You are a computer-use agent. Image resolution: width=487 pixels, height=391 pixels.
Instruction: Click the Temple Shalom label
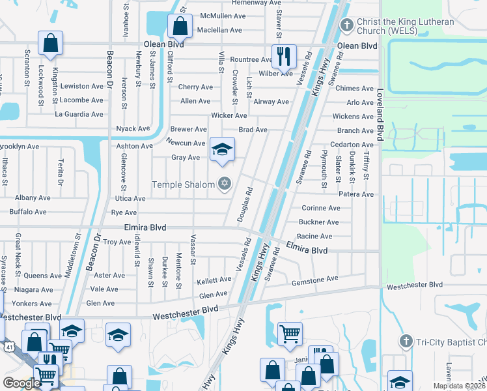(183, 184)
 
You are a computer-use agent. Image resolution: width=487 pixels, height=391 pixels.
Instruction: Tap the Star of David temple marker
(225, 184)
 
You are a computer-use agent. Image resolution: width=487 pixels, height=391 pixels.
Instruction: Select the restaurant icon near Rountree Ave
(283, 56)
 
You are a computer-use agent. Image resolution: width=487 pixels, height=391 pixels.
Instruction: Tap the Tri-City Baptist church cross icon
(406, 341)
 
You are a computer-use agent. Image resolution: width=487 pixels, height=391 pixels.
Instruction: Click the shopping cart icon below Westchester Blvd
(290, 334)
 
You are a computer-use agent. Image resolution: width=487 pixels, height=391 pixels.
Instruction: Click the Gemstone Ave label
(314, 278)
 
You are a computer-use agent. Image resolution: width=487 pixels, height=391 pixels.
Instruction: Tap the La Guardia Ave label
(79, 114)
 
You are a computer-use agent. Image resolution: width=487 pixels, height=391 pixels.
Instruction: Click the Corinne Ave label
(320, 209)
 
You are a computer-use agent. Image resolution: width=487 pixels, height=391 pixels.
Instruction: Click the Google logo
(21, 383)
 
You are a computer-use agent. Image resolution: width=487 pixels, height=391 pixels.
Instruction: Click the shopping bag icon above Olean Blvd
(180, 26)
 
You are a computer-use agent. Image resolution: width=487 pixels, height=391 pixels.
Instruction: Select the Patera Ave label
(355, 194)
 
